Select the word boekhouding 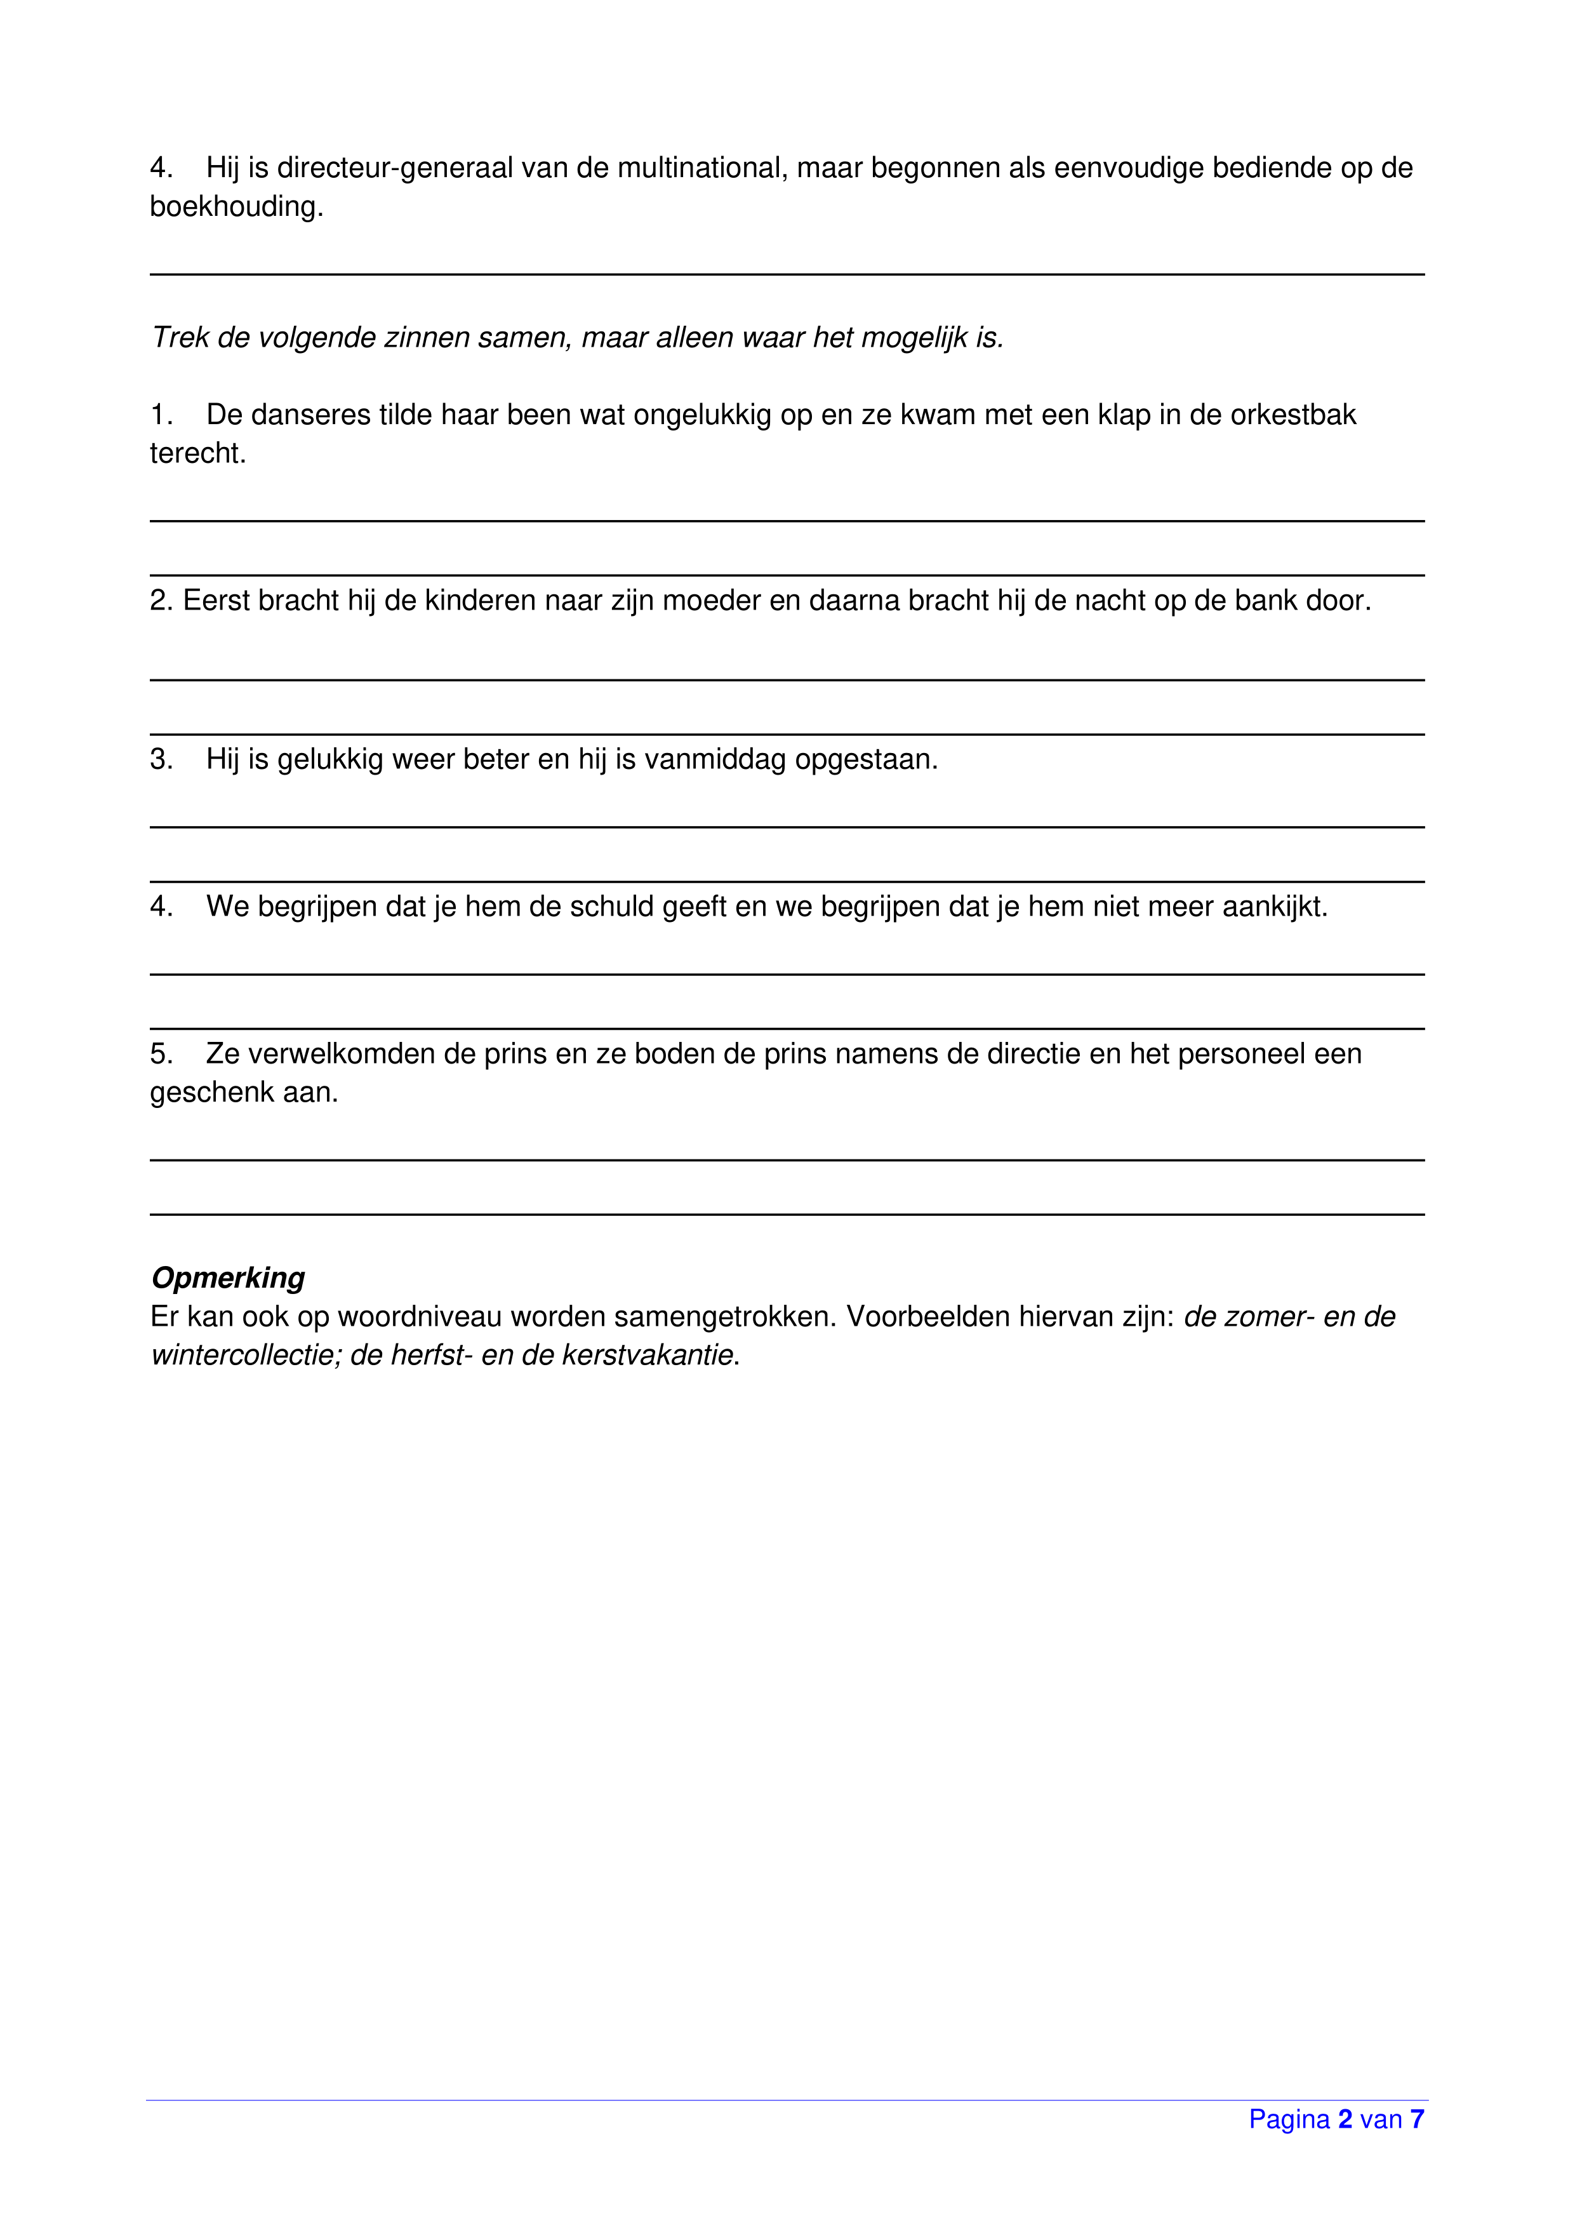point(236,207)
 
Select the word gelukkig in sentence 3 point(330,760)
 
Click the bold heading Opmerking point(228,1278)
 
